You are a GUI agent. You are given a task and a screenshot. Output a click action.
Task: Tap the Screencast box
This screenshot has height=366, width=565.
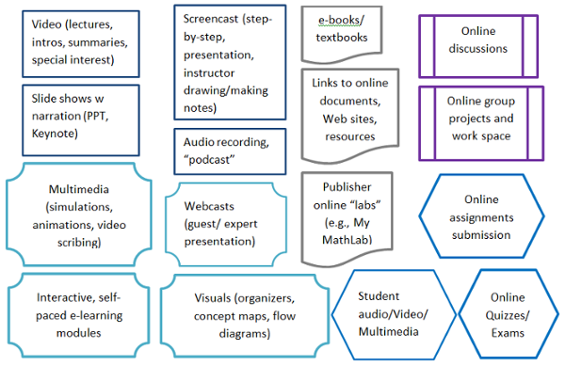[230, 63]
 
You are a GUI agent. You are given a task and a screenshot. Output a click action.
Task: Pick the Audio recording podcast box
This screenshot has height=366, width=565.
[230, 149]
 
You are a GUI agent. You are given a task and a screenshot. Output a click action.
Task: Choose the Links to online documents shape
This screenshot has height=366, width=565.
[343, 111]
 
